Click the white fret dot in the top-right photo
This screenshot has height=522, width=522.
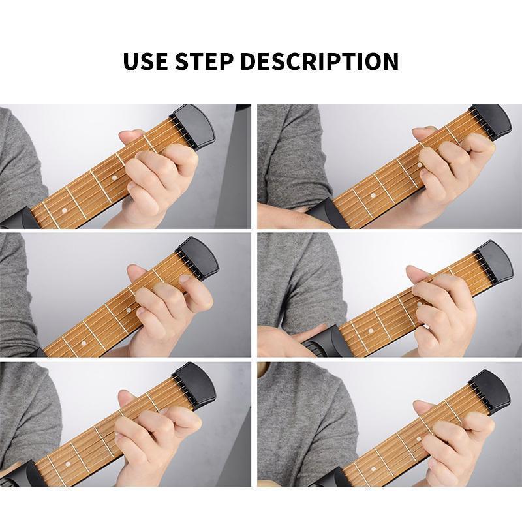[x=373, y=194]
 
